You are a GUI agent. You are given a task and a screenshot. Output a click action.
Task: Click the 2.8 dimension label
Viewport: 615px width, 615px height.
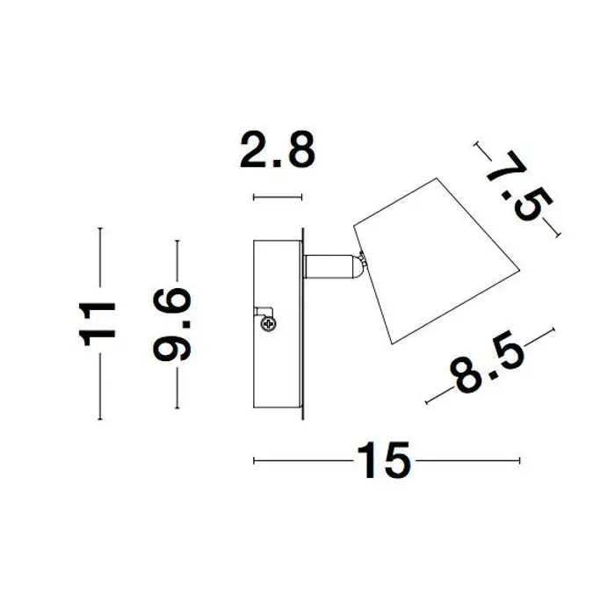click(278, 150)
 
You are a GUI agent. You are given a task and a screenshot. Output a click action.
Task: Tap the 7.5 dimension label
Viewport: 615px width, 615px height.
click(518, 186)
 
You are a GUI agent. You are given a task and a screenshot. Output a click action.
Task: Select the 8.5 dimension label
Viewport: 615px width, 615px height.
click(487, 362)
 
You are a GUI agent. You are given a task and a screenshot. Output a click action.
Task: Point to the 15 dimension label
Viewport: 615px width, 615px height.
click(384, 460)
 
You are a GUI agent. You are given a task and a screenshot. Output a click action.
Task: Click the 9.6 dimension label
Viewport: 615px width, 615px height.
click(172, 324)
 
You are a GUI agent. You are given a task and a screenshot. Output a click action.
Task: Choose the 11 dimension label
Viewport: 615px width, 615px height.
click(98, 323)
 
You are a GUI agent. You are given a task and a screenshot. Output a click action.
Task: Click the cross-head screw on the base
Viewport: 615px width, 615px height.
click(268, 324)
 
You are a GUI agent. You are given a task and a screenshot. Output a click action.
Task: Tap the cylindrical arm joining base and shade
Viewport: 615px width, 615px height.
click(330, 267)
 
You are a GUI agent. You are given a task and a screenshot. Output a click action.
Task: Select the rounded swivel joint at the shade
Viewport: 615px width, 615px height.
click(360, 266)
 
